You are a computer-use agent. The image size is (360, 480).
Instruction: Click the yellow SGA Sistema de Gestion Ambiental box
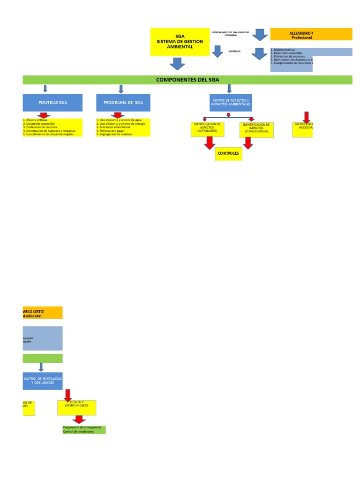pyautogui.click(x=180, y=42)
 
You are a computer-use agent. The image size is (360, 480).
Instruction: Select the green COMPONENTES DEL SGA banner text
pyautogui.click(x=187, y=80)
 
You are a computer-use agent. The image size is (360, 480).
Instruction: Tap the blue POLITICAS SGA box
pyautogui.click(x=52, y=102)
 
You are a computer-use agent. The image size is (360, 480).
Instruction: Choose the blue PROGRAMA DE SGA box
pyautogui.click(x=123, y=102)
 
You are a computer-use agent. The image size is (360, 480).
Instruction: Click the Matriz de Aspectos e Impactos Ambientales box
pyautogui.click(x=229, y=102)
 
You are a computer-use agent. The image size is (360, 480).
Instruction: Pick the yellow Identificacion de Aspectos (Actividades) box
pyautogui.click(x=208, y=129)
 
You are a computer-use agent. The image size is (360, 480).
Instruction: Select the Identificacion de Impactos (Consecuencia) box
pyautogui.click(x=256, y=129)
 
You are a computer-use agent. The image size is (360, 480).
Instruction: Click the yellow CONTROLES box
pyautogui.click(x=229, y=154)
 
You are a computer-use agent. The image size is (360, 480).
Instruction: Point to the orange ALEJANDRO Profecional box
pyautogui.click(x=311, y=35)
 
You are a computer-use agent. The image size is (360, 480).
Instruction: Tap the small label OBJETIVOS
pyautogui.click(x=234, y=52)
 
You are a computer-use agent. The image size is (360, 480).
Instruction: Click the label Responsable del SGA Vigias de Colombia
pyautogui.click(x=231, y=33)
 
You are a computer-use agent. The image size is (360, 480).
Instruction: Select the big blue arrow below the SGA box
pyautogui.click(x=177, y=64)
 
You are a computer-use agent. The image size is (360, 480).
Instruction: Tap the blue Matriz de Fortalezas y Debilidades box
pyautogui.click(x=43, y=380)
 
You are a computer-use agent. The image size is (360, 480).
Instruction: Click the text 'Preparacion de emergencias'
pyautogui.click(x=82, y=427)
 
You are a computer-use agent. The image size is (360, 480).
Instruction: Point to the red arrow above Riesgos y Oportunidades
pyautogui.click(x=67, y=395)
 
